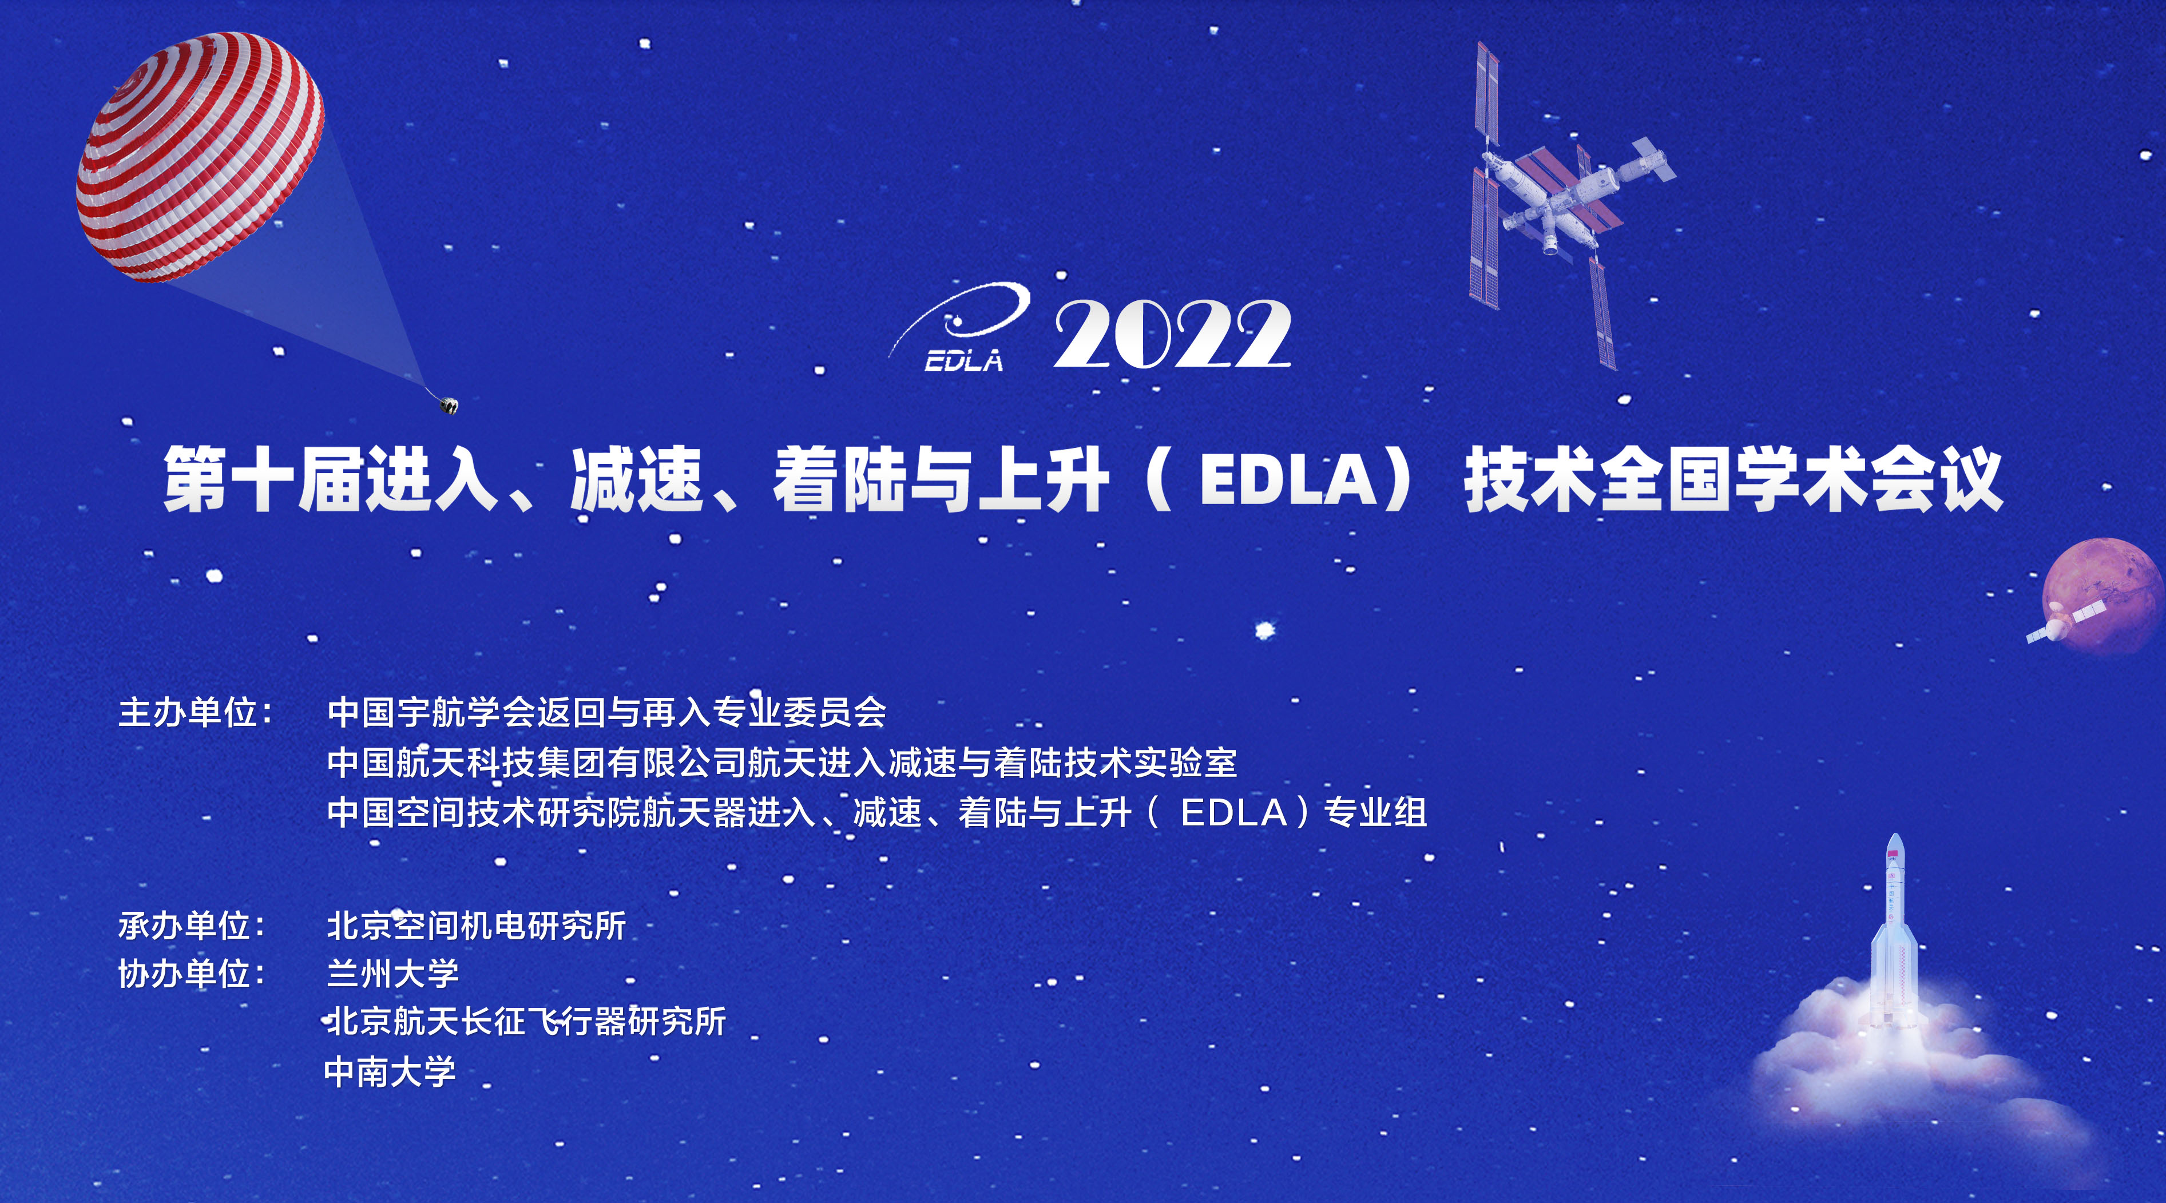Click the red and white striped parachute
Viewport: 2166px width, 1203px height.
point(200,157)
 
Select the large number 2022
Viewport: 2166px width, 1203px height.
point(1173,335)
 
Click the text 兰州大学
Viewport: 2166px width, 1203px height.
point(392,974)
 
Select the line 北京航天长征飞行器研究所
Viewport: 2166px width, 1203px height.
point(526,1022)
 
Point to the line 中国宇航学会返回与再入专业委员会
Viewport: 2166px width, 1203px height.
point(607,712)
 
